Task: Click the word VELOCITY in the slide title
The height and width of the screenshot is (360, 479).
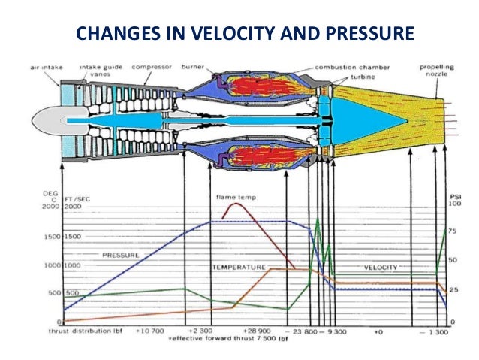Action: [x=213, y=33]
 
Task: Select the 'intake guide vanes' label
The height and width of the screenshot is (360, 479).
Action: [x=101, y=70]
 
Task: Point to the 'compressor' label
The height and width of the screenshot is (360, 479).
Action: [x=153, y=66]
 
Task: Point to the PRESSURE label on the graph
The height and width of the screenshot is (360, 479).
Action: [x=120, y=256]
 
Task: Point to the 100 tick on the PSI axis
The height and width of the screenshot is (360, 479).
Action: [x=454, y=204]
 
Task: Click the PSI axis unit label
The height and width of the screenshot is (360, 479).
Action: [x=453, y=195]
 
